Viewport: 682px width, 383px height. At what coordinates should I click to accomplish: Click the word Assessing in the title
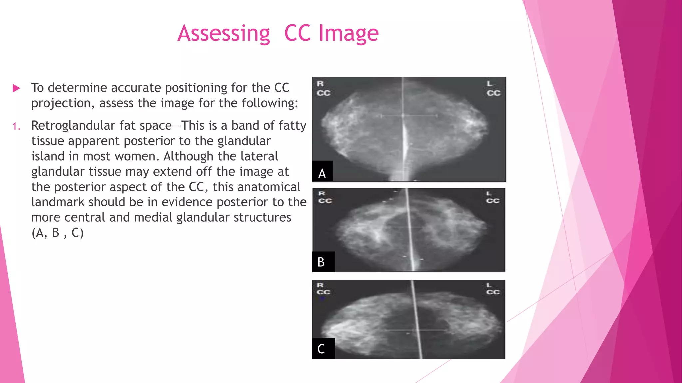[224, 34]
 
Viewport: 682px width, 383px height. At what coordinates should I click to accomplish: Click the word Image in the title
[348, 34]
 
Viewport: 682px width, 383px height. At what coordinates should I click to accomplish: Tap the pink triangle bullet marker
[16, 88]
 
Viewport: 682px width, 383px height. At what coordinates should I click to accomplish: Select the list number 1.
[16, 126]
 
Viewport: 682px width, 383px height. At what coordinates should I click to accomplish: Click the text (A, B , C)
[57, 233]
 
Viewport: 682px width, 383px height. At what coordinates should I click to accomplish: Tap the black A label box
[322, 172]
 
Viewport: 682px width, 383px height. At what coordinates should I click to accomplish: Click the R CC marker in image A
[323, 88]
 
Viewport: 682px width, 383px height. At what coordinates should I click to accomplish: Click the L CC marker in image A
[493, 88]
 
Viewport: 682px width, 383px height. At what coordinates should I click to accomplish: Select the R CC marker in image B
[324, 197]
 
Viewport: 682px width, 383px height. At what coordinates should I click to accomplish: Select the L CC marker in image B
[492, 197]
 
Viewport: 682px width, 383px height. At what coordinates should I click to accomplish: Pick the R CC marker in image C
[323, 289]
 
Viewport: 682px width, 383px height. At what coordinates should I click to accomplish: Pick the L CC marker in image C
[492, 289]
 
